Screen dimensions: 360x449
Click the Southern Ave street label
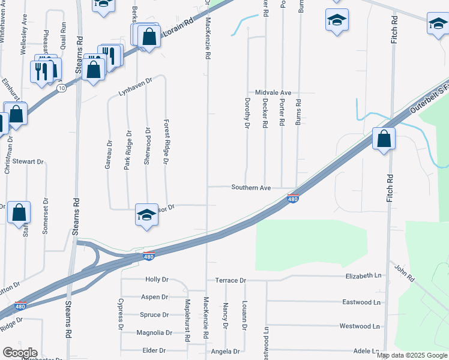(251, 188)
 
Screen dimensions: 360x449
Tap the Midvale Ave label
(273, 92)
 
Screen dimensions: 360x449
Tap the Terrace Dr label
(231, 280)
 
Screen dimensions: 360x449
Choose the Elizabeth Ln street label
(363, 275)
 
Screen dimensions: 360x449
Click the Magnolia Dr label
(154, 332)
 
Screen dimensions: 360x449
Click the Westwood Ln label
(360, 326)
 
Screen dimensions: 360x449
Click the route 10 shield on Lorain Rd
(61, 88)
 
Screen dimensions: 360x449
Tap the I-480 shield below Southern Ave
(292, 199)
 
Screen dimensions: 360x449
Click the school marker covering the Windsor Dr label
(146, 214)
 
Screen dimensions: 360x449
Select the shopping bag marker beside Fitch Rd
(384, 139)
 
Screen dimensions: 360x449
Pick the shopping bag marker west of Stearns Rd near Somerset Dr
(19, 212)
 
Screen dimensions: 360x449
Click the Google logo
(20, 353)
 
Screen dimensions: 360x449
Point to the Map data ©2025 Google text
(411, 355)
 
